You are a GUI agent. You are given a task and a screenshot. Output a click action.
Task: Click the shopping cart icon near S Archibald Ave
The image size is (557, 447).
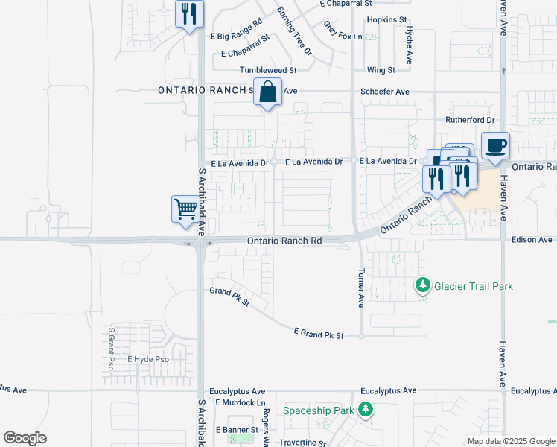pyautogui.click(x=185, y=208)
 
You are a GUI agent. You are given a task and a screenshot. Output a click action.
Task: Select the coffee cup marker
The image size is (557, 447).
pyautogui.click(x=495, y=145)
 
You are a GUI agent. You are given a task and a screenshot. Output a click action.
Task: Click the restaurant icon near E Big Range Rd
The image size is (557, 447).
pyautogui.click(x=189, y=13)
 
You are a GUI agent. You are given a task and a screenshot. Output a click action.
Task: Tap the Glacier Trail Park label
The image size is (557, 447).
pyautogui.click(x=474, y=286)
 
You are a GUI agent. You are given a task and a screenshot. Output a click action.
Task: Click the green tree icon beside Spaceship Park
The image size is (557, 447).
pyautogui.click(x=365, y=410)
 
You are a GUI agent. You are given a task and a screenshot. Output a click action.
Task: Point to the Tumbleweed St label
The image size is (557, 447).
pyautogui.click(x=268, y=70)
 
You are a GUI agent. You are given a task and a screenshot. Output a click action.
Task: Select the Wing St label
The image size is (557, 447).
pyautogui.click(x=381, y=70)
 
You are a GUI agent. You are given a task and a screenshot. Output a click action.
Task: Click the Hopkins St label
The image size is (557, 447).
pyautogui.click(x=386, y=20)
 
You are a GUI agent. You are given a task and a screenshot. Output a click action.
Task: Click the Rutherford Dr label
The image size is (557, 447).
pyautogui.click(x=470, y=120)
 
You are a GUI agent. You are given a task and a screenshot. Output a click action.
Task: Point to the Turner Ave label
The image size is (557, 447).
pyautogui.click(x=361, y=288)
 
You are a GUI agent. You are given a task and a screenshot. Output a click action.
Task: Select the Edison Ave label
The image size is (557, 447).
pyautogui.click(x=532, y=240)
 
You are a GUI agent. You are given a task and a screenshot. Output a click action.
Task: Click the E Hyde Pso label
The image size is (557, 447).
pyautogui.click(x=148, y=359)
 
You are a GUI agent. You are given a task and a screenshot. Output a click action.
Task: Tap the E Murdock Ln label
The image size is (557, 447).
pyautogui.click(x=241, y=403)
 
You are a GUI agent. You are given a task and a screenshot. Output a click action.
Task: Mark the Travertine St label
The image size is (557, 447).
pyautogui.click(x=301, y=443)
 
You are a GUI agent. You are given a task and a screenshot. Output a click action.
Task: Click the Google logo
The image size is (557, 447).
pyautogui.click(x=25, y=438)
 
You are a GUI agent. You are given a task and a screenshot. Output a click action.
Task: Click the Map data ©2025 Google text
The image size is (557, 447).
pyautogui.click(x=510, y=441)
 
